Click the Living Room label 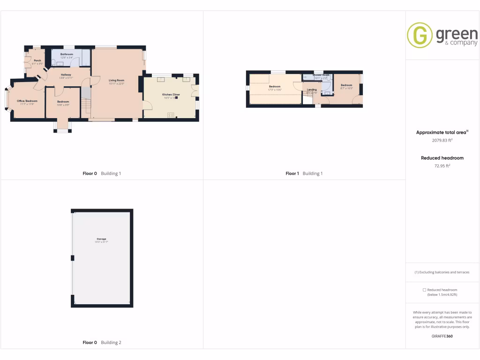[x=116, y=80]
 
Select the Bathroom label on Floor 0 [x=67, y=54]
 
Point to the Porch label [x=37, y=60]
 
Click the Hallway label [x=66, y=75]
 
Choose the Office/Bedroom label [x=27, y=101]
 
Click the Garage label [x=102, y=239]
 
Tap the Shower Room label [x=321, y=75]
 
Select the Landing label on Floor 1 [x=312, y=90]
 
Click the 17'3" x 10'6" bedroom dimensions [x=274, y=90]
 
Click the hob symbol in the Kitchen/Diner [x=171, y=114]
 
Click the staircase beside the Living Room [x=85, y=104]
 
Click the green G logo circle [x=419, y=35]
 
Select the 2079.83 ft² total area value [x=442, y=140]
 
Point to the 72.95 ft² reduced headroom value [x=442, y=166]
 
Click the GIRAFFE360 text [x=442, y=336]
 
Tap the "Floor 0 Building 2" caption [x=102, y=343]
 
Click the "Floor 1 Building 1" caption [x=304, y=173]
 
